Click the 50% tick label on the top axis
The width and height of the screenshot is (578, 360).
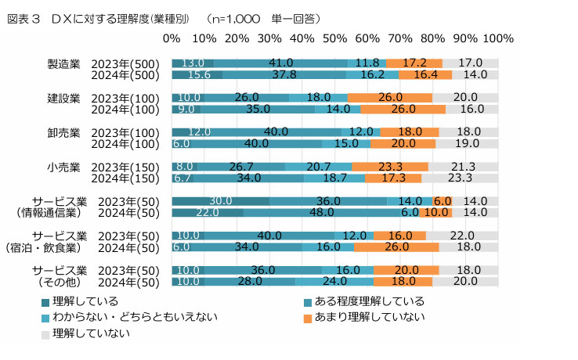(334, 38)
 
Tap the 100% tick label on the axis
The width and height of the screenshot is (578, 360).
(499, 38)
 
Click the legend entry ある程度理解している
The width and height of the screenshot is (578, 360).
(363, 301)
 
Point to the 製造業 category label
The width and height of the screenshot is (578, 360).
(64, 63)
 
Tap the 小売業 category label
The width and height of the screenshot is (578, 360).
(64, 167)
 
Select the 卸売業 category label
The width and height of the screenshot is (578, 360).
(64, 132)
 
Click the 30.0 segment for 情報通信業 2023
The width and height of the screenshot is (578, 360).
(221, 201)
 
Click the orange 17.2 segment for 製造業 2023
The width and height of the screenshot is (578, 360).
(414, 63)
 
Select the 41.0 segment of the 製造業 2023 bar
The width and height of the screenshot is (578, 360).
(280, 63)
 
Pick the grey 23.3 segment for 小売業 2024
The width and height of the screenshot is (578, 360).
(460, 178)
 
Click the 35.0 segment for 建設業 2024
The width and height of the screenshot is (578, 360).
(258, 110)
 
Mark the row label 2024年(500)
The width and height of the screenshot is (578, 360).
(125, 75)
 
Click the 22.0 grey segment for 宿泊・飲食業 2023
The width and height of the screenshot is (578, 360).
(462, 236)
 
